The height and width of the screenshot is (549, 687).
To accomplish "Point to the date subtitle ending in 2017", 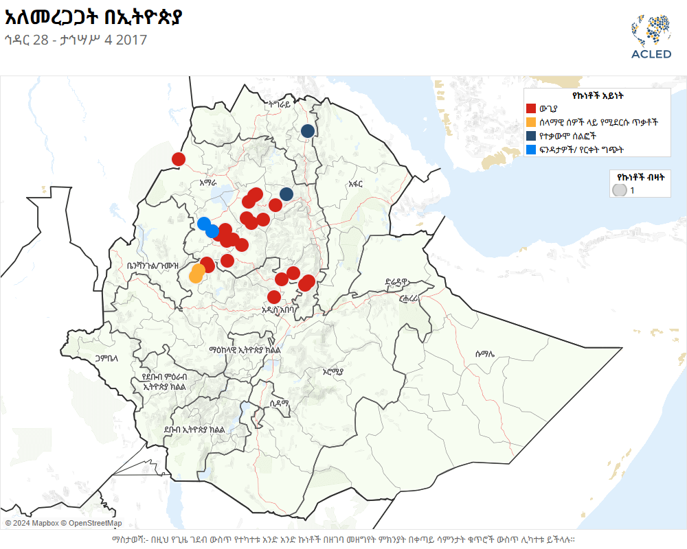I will [x=75, y=40].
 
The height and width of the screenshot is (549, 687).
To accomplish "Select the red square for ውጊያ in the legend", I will [x=531, y=108].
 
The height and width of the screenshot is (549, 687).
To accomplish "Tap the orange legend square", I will [x=531, y=122].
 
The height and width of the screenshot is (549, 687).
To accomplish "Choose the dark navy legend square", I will [x=531, y=136].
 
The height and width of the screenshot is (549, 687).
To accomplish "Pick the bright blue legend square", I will [x=531, y=150].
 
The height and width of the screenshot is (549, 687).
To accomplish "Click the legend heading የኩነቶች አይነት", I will [x=596, y=96].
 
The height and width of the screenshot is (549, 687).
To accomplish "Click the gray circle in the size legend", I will [x=620, y=190].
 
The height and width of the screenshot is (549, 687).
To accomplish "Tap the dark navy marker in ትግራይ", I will [x=308, y=130].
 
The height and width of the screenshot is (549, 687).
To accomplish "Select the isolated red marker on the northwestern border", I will [x=179, y=159].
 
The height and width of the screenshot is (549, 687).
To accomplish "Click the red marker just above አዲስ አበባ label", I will [x=274, y=297].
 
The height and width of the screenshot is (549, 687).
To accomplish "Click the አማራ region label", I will [x=207, y=183].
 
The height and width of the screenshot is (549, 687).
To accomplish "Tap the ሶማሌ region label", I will [x=484, y=353].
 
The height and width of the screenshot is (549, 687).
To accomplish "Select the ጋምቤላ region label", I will [x=107, y=358].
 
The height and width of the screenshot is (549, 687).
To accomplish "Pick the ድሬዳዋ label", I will [x=397, y=281].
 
